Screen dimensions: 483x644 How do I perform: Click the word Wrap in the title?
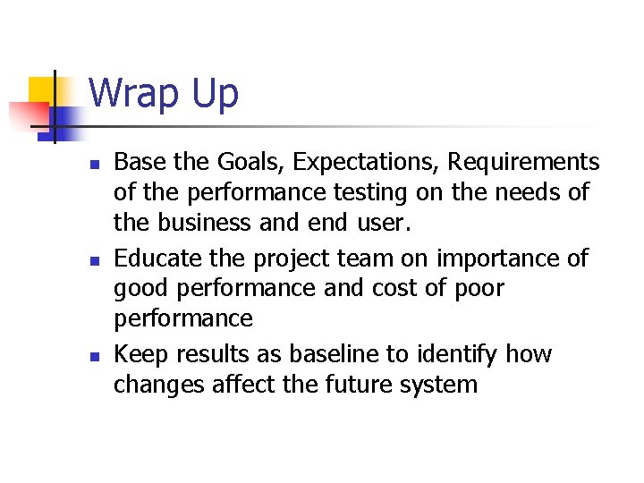[134, 93]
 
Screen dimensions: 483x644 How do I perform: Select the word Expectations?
[366, 163]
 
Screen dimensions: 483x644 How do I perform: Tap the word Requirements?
[523, 162]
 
